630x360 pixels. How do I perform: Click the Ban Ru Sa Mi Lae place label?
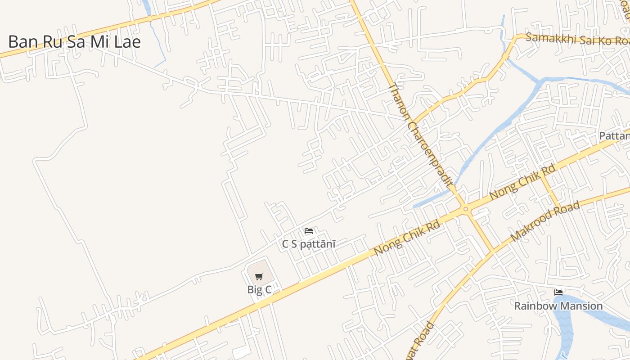[x=75, y=42]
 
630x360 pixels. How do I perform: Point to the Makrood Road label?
[x=544, y=222]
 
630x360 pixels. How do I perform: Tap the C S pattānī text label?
[x=309, y=244]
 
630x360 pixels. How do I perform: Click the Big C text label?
[x=259, y=290]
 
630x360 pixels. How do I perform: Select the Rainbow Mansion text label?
[x=558, y=306]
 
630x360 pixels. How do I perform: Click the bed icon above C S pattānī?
[x=309, y=231]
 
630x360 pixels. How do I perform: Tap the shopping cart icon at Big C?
[x=259, y=276]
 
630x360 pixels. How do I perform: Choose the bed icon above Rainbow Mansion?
[x=558, y=292]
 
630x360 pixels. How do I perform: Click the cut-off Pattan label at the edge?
[x=615, y=135]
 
